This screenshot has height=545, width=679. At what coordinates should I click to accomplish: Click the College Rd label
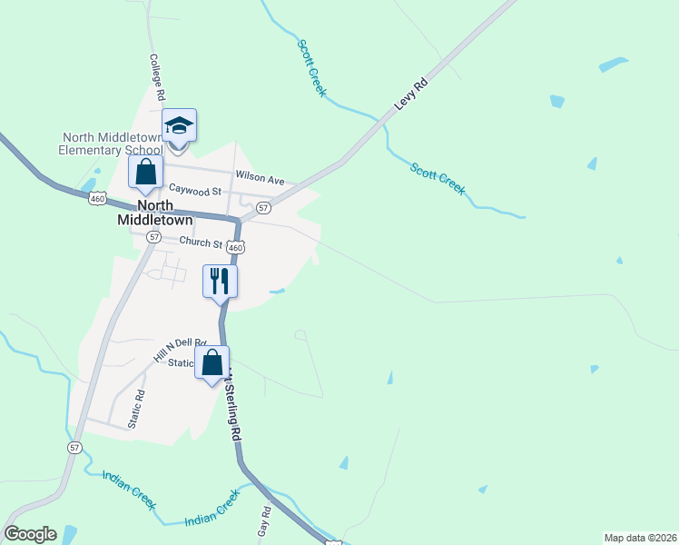(157, 75)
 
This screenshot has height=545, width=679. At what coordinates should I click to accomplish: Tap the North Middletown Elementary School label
(111, 144)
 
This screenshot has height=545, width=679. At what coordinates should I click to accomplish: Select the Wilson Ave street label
(260, 175)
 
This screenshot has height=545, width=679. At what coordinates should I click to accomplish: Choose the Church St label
(201, 243)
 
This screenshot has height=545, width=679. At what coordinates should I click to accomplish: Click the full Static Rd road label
(135, 409)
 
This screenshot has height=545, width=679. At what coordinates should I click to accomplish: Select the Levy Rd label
(410, 94)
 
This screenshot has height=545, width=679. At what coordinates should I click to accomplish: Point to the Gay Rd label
(265, 519)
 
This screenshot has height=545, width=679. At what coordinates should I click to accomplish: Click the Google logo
(30, 534)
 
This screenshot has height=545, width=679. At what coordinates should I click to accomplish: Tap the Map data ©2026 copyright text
(641, 537)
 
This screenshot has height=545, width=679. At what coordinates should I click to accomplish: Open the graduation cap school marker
(180, 127)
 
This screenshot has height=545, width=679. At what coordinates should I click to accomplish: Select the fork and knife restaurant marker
(220, 281)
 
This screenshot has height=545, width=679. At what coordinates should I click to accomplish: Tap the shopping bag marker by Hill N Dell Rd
(212, 362)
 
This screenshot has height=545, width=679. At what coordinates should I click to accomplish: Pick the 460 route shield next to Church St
(236, 247)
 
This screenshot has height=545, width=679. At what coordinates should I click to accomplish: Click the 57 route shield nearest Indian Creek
(74, 448)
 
